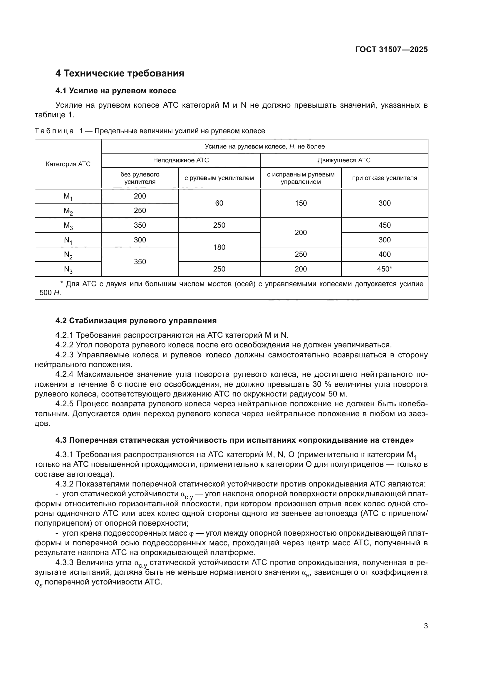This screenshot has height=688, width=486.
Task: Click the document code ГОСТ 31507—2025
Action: click(x=391, y=50)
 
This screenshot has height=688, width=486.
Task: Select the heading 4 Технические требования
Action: click(x=120, y=74)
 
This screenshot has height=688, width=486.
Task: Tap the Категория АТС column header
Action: click(x=68, y=164)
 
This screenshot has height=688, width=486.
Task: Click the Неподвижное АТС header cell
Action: click(x=181, y=160)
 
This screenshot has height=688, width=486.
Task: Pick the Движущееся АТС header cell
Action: click(x=344, y=160)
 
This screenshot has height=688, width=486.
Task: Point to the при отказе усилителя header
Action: click(x=384, y=178)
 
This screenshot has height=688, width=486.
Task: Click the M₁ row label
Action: click(x=68, y=196)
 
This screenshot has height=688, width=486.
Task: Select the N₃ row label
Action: click(x=68, y=269)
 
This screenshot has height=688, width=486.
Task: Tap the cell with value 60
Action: click(x=219, y=204)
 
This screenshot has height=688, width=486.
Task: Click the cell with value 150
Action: click(x=301, y=204)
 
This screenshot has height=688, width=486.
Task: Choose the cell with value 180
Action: click(x=219, y=247)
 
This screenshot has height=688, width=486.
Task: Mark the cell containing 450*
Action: click(x=384, y=269)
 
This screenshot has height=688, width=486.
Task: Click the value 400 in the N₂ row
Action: click(x=384, y=254)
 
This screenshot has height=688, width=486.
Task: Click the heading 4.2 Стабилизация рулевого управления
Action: click(x=136, y=321)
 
